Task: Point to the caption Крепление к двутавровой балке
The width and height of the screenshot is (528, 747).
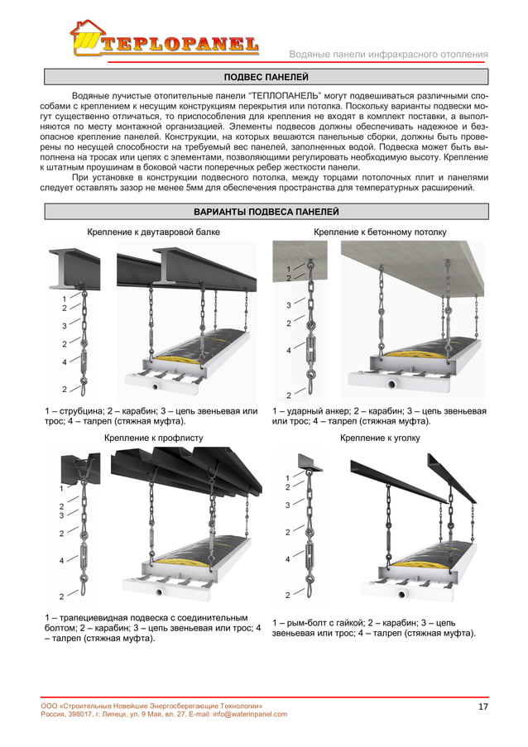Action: coord(154,232)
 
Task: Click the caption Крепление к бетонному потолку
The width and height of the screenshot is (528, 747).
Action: coord(380,232)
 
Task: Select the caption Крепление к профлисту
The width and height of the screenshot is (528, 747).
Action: coord(153,436)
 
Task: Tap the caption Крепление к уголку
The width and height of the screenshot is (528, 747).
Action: coord(380,436)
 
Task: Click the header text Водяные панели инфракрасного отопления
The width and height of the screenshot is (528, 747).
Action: coord(388,55)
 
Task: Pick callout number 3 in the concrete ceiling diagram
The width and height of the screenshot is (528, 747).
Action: coord(288,305)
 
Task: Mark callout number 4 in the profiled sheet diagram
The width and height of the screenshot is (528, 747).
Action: coord(61,561)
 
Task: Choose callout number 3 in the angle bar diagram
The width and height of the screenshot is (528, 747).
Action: coord(287,504)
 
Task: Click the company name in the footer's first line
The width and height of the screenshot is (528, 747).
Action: coord(152,705)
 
